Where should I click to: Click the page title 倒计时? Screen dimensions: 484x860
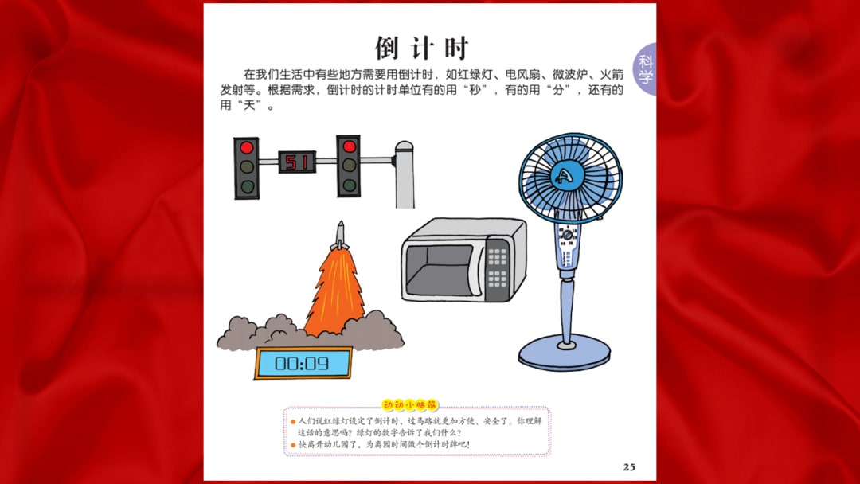click(x=422, y=48)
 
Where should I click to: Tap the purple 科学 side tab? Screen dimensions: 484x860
click(x=646, y=69)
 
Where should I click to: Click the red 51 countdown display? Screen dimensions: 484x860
click(x=296, y=162)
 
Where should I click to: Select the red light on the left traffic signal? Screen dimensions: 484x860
click(x=247, y=148)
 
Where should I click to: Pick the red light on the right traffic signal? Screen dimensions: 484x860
click(x=349, y=147)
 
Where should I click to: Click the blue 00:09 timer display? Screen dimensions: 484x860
click(x=303, y=364)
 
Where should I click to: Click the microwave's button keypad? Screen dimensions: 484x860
click(x=498, y=267)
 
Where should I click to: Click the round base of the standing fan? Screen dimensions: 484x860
click(x=565, y=351)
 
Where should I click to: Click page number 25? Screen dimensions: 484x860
click(x=629, y=467)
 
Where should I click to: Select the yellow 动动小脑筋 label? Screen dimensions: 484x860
click(x=410, y=404)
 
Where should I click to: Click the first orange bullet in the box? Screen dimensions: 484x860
click(x=292, y=421)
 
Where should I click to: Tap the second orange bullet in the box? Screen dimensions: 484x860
click(x=292, y=444)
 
